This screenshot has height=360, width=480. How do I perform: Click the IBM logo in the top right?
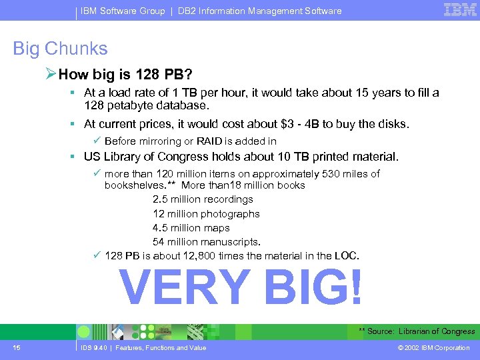460,9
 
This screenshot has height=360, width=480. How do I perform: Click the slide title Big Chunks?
60,49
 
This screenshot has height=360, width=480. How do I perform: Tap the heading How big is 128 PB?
126,73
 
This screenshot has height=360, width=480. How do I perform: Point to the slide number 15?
16,347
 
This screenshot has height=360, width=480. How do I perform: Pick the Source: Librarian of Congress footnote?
417,331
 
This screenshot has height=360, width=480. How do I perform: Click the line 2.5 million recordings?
203,199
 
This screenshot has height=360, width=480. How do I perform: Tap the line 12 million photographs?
206,214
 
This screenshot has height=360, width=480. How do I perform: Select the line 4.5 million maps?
191,228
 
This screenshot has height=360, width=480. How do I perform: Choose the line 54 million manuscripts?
207,242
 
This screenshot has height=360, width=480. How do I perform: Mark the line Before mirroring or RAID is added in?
191,141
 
